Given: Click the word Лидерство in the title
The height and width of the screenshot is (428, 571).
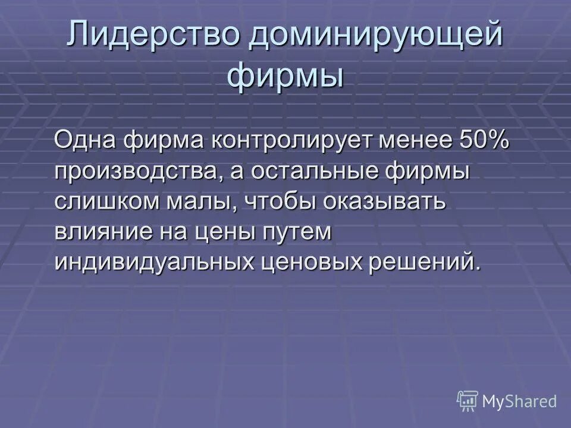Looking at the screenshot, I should click(153, 36).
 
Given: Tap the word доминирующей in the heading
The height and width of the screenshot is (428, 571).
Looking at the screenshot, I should click(376, 36).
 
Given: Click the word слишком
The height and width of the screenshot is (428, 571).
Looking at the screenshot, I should click(111, 202).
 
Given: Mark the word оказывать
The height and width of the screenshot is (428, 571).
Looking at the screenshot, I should click(384, 202).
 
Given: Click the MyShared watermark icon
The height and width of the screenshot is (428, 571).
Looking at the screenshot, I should click(468, 401).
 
